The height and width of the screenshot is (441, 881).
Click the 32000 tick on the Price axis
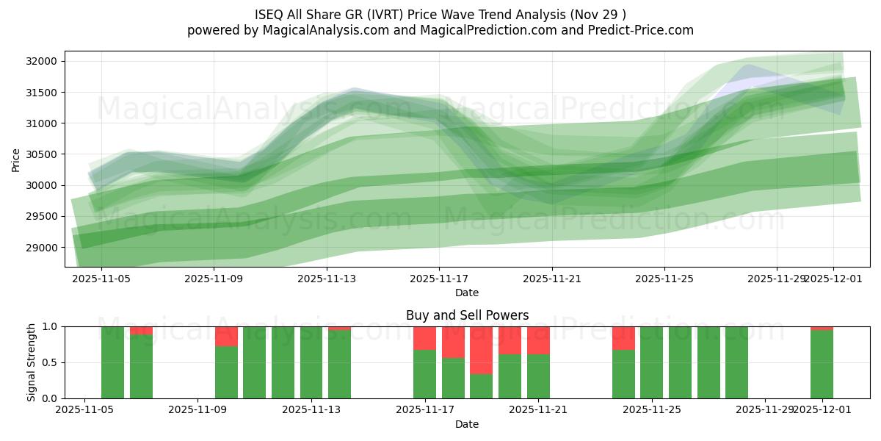click(43, 61)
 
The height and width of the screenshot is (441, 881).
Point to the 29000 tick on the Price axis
click(43, 248)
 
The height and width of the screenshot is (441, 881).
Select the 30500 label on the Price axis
click(43, 154)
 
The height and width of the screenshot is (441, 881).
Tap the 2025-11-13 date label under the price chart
click(326, 279)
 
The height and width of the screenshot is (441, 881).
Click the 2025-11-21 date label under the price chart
click(552, 279)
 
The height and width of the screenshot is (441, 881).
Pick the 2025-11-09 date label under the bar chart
click(198, 410)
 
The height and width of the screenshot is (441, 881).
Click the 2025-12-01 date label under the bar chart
click(822, 410)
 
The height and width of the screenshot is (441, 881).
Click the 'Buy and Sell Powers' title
click(467, 315)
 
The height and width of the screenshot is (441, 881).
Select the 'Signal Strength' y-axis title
click(31, 362)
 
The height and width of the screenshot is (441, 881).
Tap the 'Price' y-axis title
click(16, 159)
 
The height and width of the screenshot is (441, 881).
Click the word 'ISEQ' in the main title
click(269, 15)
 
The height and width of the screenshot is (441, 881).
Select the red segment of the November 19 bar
click(481, 350)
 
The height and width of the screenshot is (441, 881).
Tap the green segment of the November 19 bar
click(481, 386)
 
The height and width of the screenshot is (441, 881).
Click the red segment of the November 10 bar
click(226, 336)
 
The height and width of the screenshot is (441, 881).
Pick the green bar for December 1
click(822, 364)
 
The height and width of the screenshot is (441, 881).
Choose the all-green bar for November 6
click(112, 362)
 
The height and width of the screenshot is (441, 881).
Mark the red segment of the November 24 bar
click(623, 338)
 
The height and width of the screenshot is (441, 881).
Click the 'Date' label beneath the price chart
click(467, 293)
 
